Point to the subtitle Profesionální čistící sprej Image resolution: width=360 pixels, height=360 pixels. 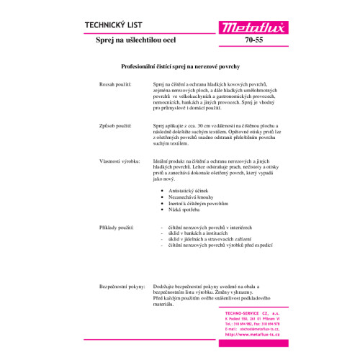[179, 66]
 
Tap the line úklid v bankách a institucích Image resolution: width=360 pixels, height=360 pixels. [198, 234]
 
